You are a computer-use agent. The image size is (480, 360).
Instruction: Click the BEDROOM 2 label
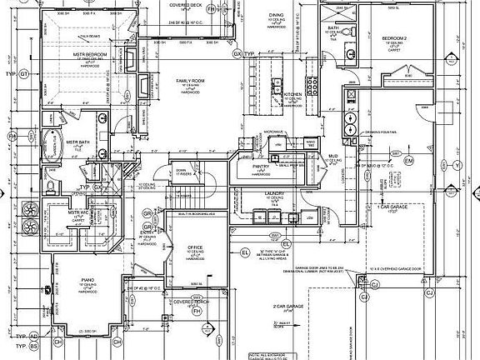[393, 38]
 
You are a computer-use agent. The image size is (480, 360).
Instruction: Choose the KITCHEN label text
[293, 96]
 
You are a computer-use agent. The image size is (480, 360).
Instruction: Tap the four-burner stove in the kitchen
[314, 87]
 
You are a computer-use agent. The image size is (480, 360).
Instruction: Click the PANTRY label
[261, 166]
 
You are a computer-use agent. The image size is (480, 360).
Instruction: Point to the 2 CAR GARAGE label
[280, 307]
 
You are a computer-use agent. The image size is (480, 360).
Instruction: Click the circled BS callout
[34, 343]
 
